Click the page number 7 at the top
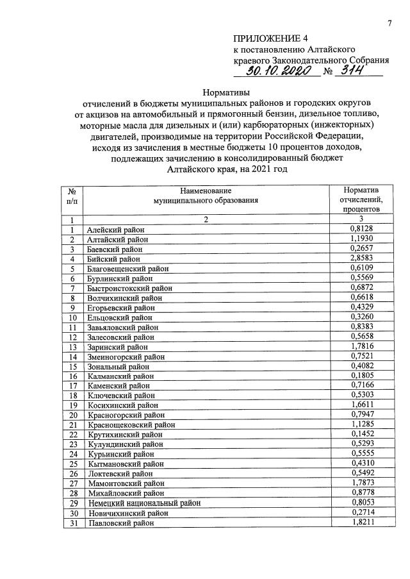point(389,24)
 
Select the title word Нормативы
point(206,93)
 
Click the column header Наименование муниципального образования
point(206,195)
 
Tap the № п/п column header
point(72,195)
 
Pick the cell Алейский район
point(116,230)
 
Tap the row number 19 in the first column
point(72,405)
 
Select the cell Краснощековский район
point(130,425)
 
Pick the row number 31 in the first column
point(72,523)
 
